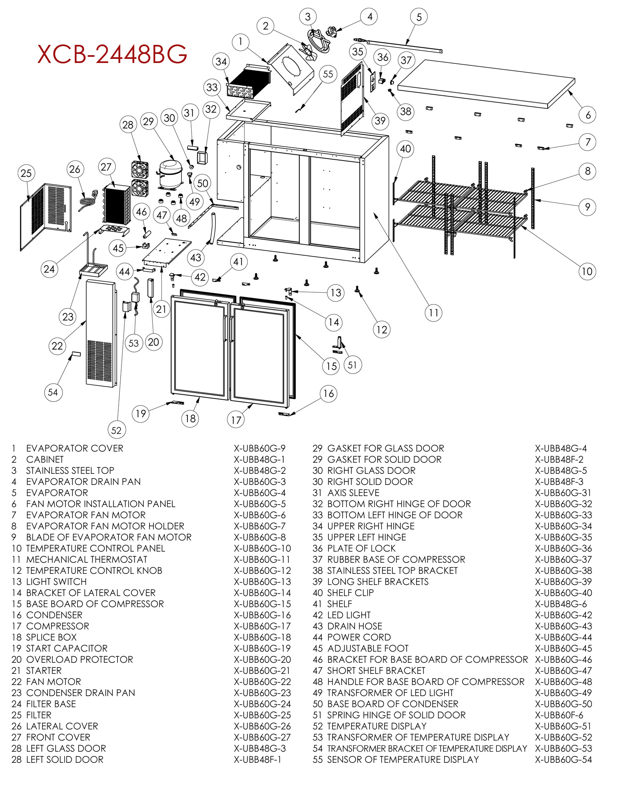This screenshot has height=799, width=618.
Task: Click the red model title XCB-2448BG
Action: [112, 54]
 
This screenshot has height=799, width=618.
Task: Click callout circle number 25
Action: [26, 173]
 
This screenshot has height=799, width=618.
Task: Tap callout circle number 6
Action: [588, 115]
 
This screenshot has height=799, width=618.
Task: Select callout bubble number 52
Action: [116, 430]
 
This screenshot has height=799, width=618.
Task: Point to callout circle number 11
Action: [433, 313]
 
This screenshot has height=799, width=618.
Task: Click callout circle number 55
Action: [328, 74]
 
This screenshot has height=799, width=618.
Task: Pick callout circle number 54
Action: [53, 392]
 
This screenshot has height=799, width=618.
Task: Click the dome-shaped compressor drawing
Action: [170, 173]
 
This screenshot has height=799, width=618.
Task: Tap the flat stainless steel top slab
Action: [486, 84]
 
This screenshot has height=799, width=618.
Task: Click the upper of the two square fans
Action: [140, 169]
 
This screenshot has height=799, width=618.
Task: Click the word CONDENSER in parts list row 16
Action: [54, 615]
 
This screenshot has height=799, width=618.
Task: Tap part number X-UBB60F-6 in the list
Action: [559, 715]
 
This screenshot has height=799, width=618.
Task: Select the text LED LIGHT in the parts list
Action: [349, 615]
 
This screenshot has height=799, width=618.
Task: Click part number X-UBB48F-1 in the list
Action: [257, 759]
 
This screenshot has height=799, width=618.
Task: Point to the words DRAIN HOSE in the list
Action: [354, 626]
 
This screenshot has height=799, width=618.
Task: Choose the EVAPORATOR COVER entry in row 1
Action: [75, 448]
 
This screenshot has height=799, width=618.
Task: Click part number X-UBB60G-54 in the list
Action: [563, 759]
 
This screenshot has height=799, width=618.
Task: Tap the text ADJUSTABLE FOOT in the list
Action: [368, 648]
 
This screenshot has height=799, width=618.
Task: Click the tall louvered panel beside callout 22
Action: [100, 333]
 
